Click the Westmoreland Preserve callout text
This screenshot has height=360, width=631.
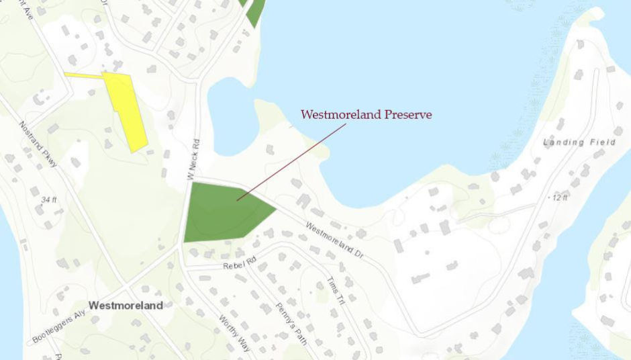pos(366,115)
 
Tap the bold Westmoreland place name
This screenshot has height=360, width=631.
pos(126,305)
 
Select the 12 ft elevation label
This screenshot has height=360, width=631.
pos(559,197)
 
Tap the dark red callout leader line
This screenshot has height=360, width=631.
pos(292,161)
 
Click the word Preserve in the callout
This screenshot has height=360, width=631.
pos(407,115)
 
